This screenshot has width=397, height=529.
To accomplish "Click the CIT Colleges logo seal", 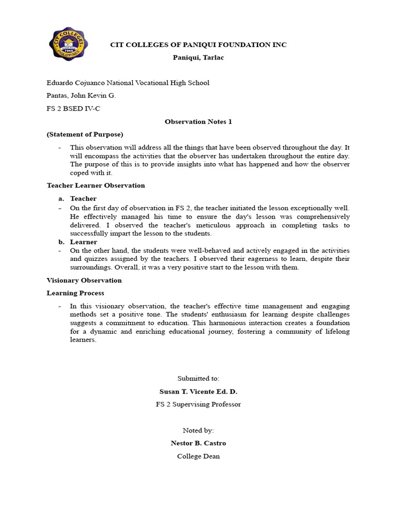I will click(x=68, y=44).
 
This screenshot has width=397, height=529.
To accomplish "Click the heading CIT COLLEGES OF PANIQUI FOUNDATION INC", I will click(x=198, y=45).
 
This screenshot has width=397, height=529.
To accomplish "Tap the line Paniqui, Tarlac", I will click(x=198, y=57).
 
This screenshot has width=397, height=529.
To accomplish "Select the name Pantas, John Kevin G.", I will click(x=81, y=96).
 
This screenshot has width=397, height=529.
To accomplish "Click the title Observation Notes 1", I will click(x=198, y=122).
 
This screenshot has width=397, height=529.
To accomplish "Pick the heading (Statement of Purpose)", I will click(x=85, y=134).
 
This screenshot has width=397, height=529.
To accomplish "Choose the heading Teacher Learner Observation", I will click(x=96, y=185).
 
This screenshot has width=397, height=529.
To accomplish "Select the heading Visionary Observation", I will click(x=84, y=281).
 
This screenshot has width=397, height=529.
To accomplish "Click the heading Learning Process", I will click(x=75, y=293).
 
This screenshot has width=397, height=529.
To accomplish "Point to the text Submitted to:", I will click(x=198, y=379).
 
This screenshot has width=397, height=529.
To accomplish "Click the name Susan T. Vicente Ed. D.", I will click(x=198, y=392).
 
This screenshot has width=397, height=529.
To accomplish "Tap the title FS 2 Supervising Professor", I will click(x=198, y=404).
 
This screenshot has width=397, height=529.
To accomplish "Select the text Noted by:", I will click(x=198, y=430).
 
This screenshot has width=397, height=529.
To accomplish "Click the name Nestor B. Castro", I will click(x=198, y=443).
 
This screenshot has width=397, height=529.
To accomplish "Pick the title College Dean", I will click(x=198, y=456).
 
